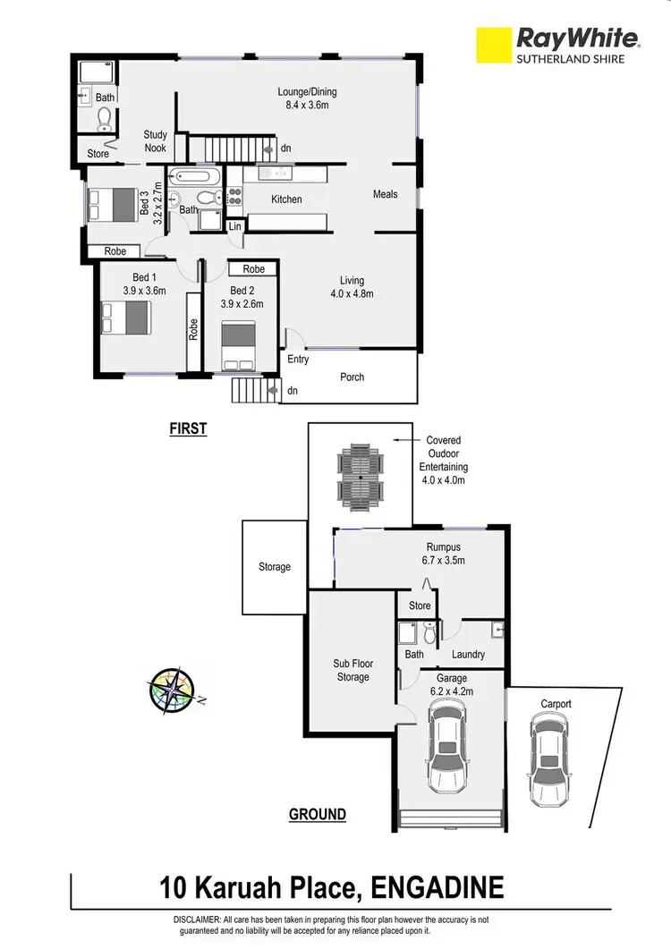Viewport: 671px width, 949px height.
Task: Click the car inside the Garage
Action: (x=448, y=745)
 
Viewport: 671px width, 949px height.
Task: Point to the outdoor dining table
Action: (x=360, y=476)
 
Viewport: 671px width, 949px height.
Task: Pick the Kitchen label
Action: (x=286, y=199)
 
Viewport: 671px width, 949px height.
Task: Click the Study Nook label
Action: (x=156, y=141)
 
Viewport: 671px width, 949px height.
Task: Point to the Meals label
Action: (x=386, y=194)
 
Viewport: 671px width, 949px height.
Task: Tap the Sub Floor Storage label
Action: (x=352, y=671)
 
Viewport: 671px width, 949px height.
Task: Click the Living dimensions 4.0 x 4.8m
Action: (x=352, y=293)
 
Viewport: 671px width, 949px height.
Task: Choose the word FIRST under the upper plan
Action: (x=188, y=429)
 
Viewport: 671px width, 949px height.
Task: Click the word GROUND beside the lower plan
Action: (x=317, y=815)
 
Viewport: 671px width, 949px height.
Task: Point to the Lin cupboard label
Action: (x=235, y=228)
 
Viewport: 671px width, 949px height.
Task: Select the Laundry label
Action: (x=468, y=655)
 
